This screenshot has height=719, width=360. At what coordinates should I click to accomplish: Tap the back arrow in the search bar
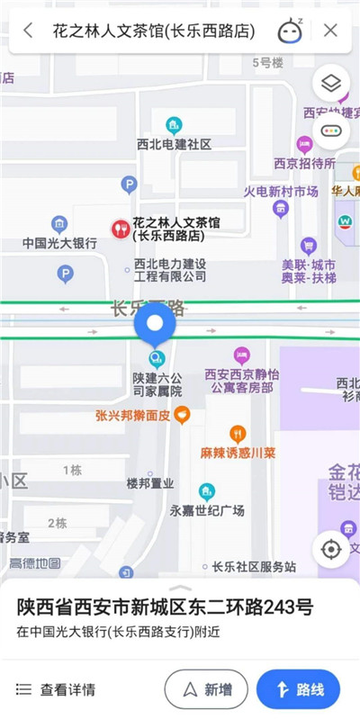[x=29, y=31]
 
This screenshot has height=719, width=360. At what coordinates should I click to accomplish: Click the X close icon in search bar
[x=330, y=31]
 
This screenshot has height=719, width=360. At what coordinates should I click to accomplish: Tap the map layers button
[x=331, y=85]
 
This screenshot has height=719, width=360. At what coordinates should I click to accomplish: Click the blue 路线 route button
[x=298, y=689]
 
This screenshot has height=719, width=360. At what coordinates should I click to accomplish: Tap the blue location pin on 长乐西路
[x=156, y=325]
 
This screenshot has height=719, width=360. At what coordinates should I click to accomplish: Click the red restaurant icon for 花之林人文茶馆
[x=119, y=229]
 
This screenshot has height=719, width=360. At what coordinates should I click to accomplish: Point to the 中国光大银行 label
[x=59, y=243]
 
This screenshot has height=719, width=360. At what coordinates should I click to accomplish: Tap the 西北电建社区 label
[x=174, y=144]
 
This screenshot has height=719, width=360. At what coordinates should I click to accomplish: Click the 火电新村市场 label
[x=281, y=192]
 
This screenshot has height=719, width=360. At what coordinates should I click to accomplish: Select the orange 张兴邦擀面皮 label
[x=134, y=416]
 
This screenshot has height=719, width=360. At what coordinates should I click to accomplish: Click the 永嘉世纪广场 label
[x=207, y=510]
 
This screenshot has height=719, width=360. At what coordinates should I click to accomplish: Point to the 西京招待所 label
[x=304, y=164]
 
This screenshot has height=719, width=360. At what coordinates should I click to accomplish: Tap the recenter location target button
[x=331, y=550]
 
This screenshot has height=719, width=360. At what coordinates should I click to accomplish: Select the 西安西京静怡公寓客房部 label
[x=238, y=380]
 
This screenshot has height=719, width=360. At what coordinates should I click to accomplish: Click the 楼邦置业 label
[x=149, y=483]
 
